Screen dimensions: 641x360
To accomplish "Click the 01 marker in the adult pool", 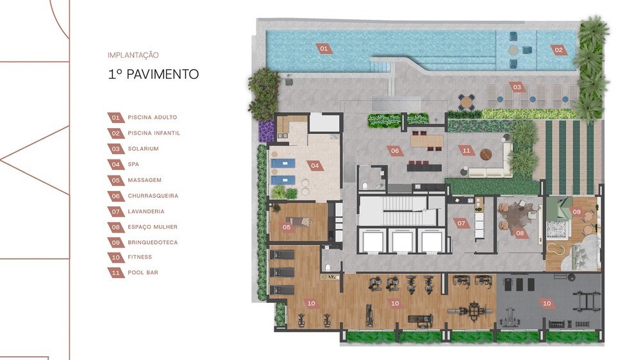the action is (x=324, y=49).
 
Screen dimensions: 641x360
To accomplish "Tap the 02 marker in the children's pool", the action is (x=558, y=50).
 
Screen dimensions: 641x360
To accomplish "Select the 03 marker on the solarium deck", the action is (x=517, y=87).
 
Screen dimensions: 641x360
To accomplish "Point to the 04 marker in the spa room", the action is (x=315, y=165).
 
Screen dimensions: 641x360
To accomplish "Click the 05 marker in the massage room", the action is (x=287, y=227).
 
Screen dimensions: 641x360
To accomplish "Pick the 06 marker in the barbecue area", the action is (x=395, y=151).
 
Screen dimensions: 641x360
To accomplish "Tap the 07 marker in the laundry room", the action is (x=461, y=223).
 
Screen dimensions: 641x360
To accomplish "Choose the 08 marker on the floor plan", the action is (x=520, y=233).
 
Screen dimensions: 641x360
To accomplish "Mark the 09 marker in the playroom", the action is (x=577, y=211).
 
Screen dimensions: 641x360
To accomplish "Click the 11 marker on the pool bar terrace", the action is (x=467, y=151).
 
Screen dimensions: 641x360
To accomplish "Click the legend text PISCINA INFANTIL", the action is (x=154, y=133).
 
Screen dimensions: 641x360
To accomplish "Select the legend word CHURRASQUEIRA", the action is (x=153, y=196).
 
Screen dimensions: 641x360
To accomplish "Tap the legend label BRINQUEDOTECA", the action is (x=153, y=242).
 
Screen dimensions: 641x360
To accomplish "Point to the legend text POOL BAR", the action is (x=143, y=272).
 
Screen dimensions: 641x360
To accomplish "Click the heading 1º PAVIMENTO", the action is (x=153, y=74).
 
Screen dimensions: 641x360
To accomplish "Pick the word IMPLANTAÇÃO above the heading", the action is (x=133, y=55).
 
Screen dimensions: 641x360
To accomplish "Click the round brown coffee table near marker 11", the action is (x=486, y=154).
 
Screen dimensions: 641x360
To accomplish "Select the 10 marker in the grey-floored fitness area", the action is (x=547, y=303).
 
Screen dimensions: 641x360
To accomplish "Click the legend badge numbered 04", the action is (x=116, y=165).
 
